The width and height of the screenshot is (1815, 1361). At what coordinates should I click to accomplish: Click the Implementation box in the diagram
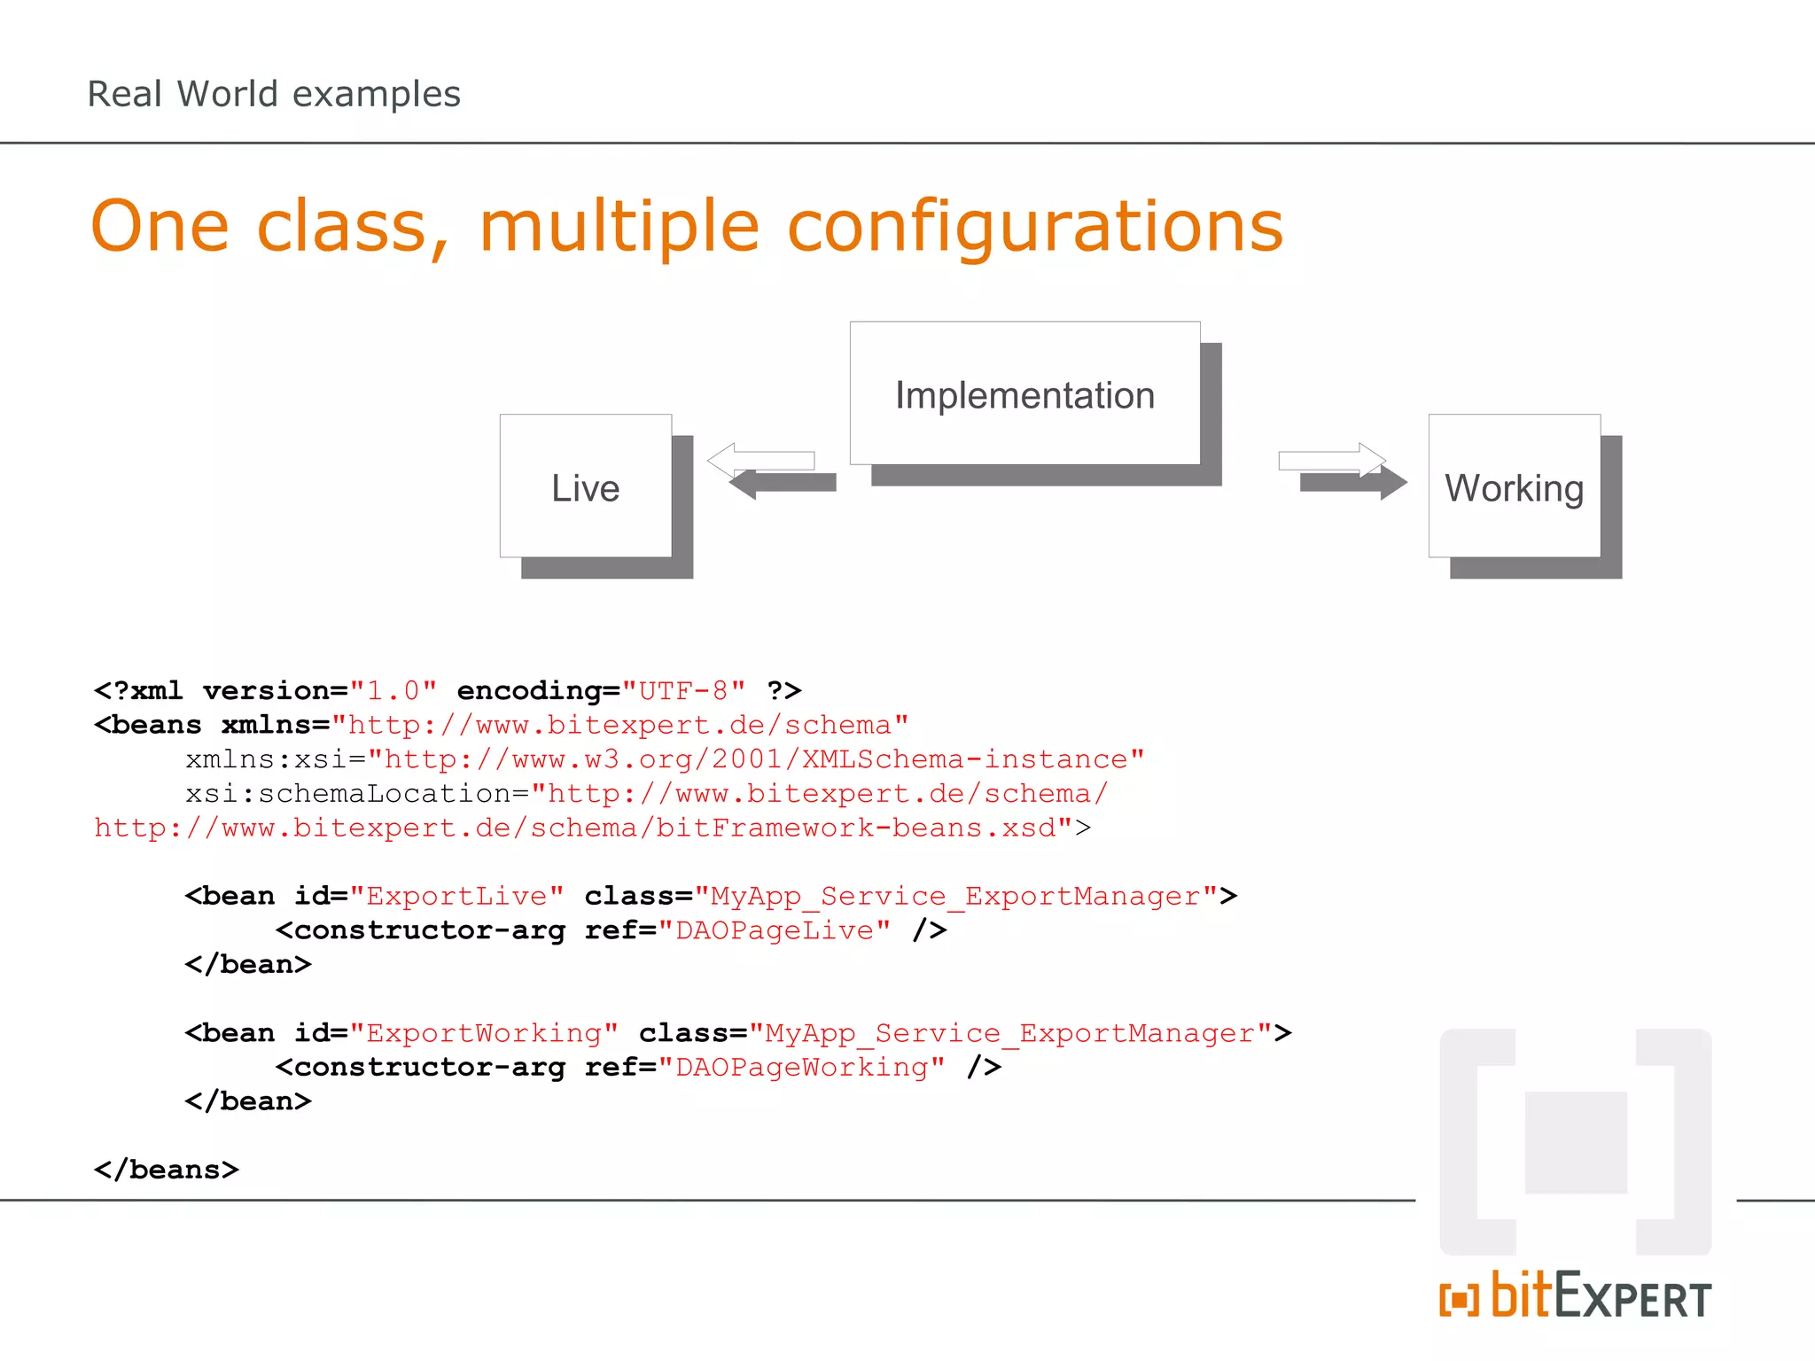1024,394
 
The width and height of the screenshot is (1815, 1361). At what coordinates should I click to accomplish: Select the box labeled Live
585,486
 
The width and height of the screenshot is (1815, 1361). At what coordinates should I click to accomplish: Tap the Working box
1514,486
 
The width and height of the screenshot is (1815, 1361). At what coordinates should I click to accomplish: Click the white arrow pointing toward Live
762,460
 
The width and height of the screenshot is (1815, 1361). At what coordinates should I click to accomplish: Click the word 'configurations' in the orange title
1034,227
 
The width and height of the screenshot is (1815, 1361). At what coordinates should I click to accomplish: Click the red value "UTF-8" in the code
683,690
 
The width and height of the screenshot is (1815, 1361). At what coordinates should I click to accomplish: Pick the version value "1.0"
393,690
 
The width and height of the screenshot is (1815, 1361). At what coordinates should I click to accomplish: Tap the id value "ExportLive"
456,896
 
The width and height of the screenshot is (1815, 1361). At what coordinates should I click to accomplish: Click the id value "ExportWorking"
484,1033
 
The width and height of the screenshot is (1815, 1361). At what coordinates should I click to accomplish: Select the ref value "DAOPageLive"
774,930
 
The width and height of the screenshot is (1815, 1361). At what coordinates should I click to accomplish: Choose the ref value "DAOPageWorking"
801,1067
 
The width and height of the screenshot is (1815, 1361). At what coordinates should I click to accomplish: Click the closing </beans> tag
167,1170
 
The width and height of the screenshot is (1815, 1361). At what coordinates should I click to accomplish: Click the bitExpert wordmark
1601,1297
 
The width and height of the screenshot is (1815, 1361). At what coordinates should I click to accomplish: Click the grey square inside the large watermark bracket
1576,1142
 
